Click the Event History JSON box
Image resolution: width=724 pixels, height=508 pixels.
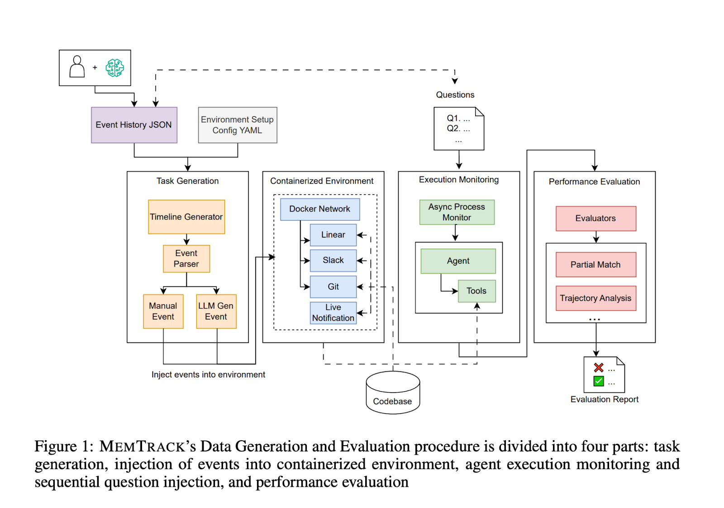(x=134, y=125)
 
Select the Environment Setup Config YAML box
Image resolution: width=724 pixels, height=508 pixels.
(x=238, y=125)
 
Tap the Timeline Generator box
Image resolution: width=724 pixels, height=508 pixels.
(x=186, y=217)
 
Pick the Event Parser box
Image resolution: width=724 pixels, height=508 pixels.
(x=186, y=259)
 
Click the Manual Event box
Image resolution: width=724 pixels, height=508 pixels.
(x=163, y=311)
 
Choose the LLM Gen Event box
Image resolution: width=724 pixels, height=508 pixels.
(x=216, y=311)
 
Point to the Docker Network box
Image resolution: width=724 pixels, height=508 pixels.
(x=320, y=209)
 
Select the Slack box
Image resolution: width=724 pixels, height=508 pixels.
(x=333, y=261)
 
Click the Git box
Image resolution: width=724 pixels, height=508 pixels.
(x=333, y=287)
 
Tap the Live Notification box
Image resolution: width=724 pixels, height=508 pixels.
(x=333, y=313)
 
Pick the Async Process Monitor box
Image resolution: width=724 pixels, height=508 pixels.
(x=457, y=212)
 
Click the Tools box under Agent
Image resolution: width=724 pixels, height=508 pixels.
(x=477, y=291)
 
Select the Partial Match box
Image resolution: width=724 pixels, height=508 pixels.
(x=596, y=265)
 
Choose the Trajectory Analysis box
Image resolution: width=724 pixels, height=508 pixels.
(x=596, y=298)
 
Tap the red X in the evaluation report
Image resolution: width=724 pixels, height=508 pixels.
(x=599, y=368)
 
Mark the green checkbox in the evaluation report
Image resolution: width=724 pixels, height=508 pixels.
(x=599, y=381)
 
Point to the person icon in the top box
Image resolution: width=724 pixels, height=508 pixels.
(x=77, y=67)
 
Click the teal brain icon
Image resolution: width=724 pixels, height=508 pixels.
(x=115, y=68)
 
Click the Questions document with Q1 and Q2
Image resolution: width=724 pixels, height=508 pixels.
(x=459, y=128)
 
